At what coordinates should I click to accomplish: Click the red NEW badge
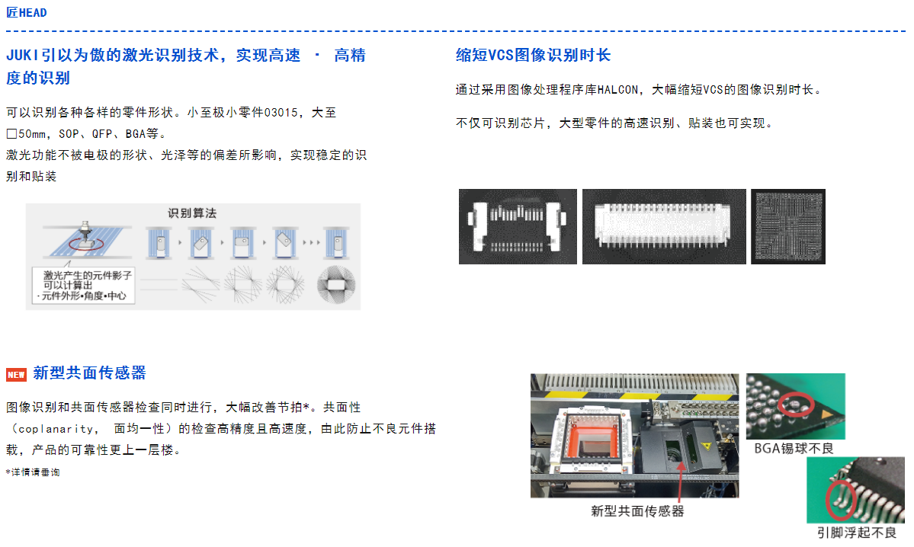point(16,375)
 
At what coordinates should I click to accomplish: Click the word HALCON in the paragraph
point(618,90)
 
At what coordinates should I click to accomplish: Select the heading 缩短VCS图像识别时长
point(534,56)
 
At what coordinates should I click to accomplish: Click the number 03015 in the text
point(281,113)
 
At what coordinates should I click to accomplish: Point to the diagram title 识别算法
point(192,213)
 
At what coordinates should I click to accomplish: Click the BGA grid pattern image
point(788,226)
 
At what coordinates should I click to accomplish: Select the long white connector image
point(664,226)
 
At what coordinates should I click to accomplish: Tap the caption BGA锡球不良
point(794,449)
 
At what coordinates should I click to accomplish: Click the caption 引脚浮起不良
point(856,533)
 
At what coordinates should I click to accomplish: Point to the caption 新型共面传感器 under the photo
point(637,511)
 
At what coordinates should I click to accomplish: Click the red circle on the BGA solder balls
point(797,405)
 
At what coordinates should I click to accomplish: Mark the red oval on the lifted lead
point(841,499)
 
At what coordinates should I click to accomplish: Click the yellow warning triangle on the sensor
point(707,446)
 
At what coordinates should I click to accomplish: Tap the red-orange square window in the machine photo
point(589,437)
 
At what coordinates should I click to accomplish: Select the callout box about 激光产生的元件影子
point(83,286)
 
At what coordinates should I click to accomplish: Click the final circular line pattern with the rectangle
point(336,285)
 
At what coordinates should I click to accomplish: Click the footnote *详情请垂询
point(33,472)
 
